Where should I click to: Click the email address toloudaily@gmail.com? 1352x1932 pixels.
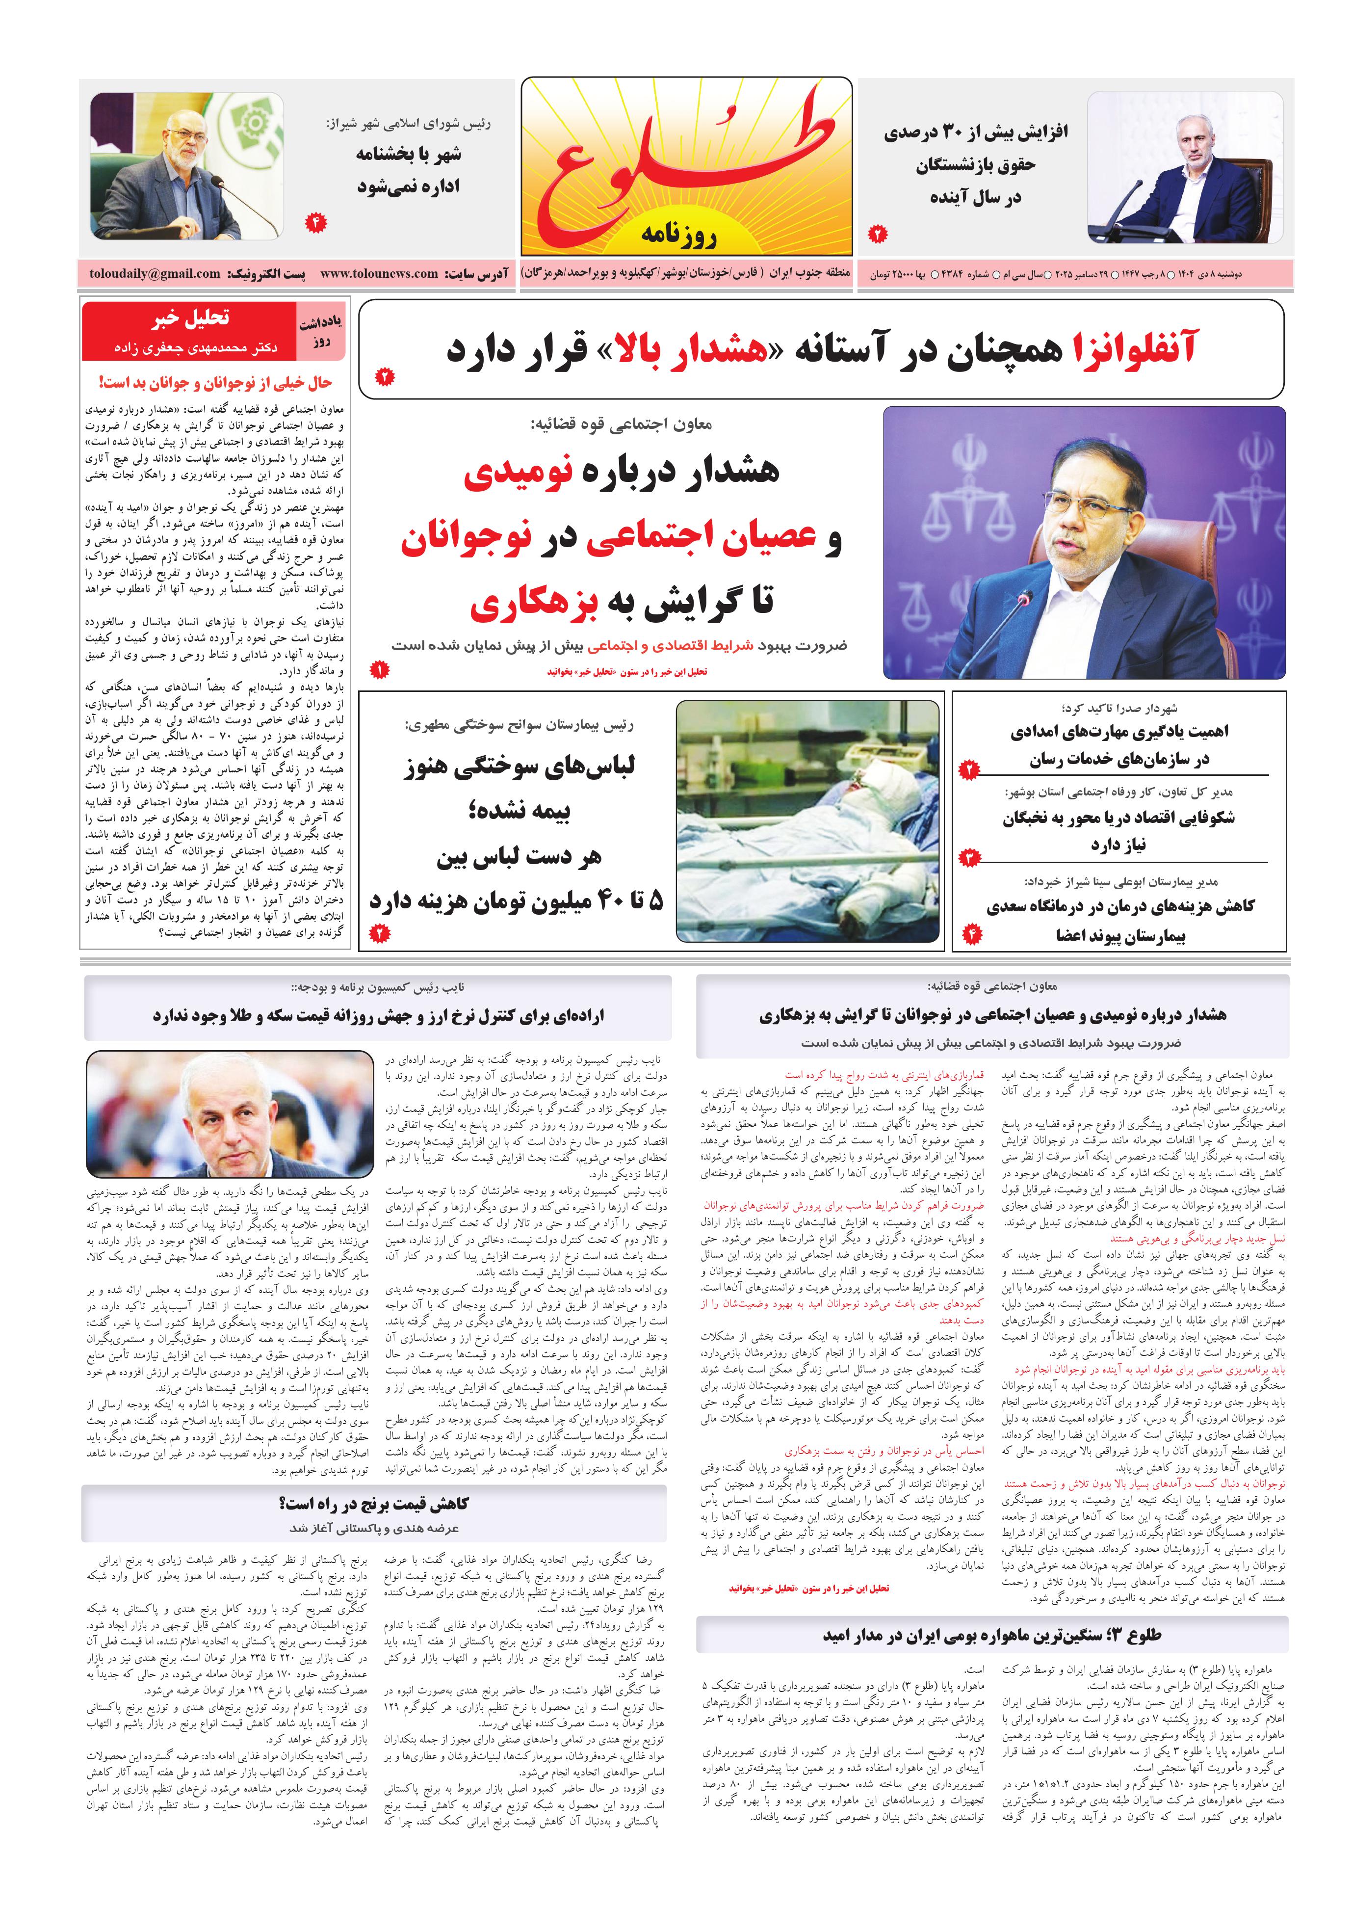pos(155,274)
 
